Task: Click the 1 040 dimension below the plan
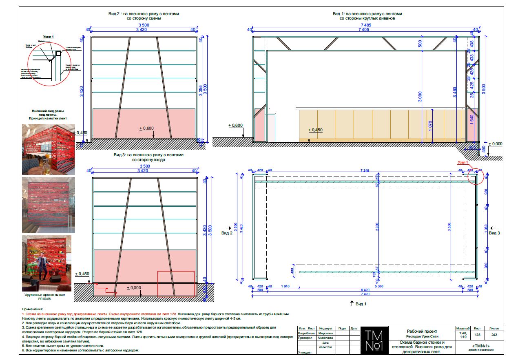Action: click(285, 286)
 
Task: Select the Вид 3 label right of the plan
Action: click(494, 233)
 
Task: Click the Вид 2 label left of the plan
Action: click(227, 233)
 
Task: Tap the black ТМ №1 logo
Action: click(374, 340)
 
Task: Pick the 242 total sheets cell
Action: click(494, 334)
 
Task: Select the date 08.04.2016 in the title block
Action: click(325, 347)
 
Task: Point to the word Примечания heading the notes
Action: click(33, 309)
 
